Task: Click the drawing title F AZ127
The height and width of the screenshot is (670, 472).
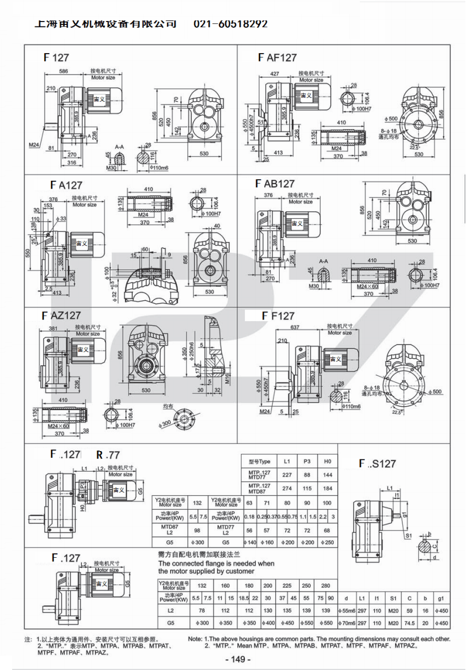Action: (61, 315)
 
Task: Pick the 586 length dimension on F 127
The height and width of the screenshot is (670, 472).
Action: (64, 72)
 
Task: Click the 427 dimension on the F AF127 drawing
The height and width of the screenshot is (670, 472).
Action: (274, 74)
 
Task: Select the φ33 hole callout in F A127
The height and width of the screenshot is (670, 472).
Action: (62, 219)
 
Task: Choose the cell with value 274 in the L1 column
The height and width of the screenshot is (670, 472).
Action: (287, 488)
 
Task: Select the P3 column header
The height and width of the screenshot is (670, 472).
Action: (307, 460)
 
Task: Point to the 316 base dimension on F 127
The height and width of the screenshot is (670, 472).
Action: (72, 163)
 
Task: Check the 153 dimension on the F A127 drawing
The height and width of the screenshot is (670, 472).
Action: (48, 205)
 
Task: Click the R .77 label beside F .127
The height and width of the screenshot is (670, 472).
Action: (107, 455)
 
